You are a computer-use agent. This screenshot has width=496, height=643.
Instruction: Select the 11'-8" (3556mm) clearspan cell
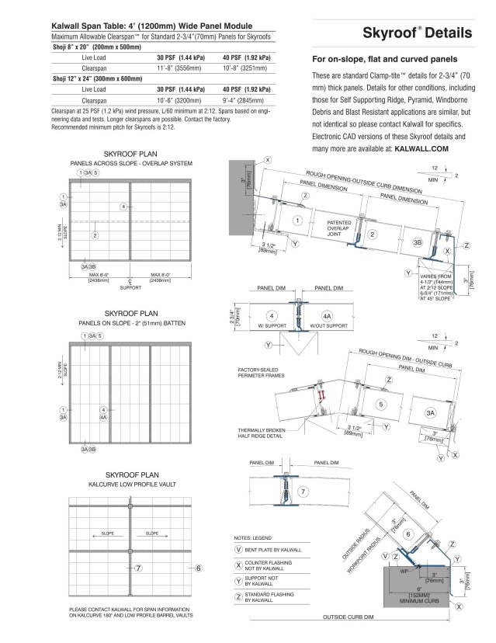pos(179,68)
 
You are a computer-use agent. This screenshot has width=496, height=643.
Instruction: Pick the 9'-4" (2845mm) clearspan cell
pos(245,100)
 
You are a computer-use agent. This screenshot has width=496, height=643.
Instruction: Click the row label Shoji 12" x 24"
pos(96,78)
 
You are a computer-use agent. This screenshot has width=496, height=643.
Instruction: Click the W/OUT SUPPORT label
pos(328,325)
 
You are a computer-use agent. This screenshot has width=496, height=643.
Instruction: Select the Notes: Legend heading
pos(254,537)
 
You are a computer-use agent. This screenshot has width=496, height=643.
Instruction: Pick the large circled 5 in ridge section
pos(380,404)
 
